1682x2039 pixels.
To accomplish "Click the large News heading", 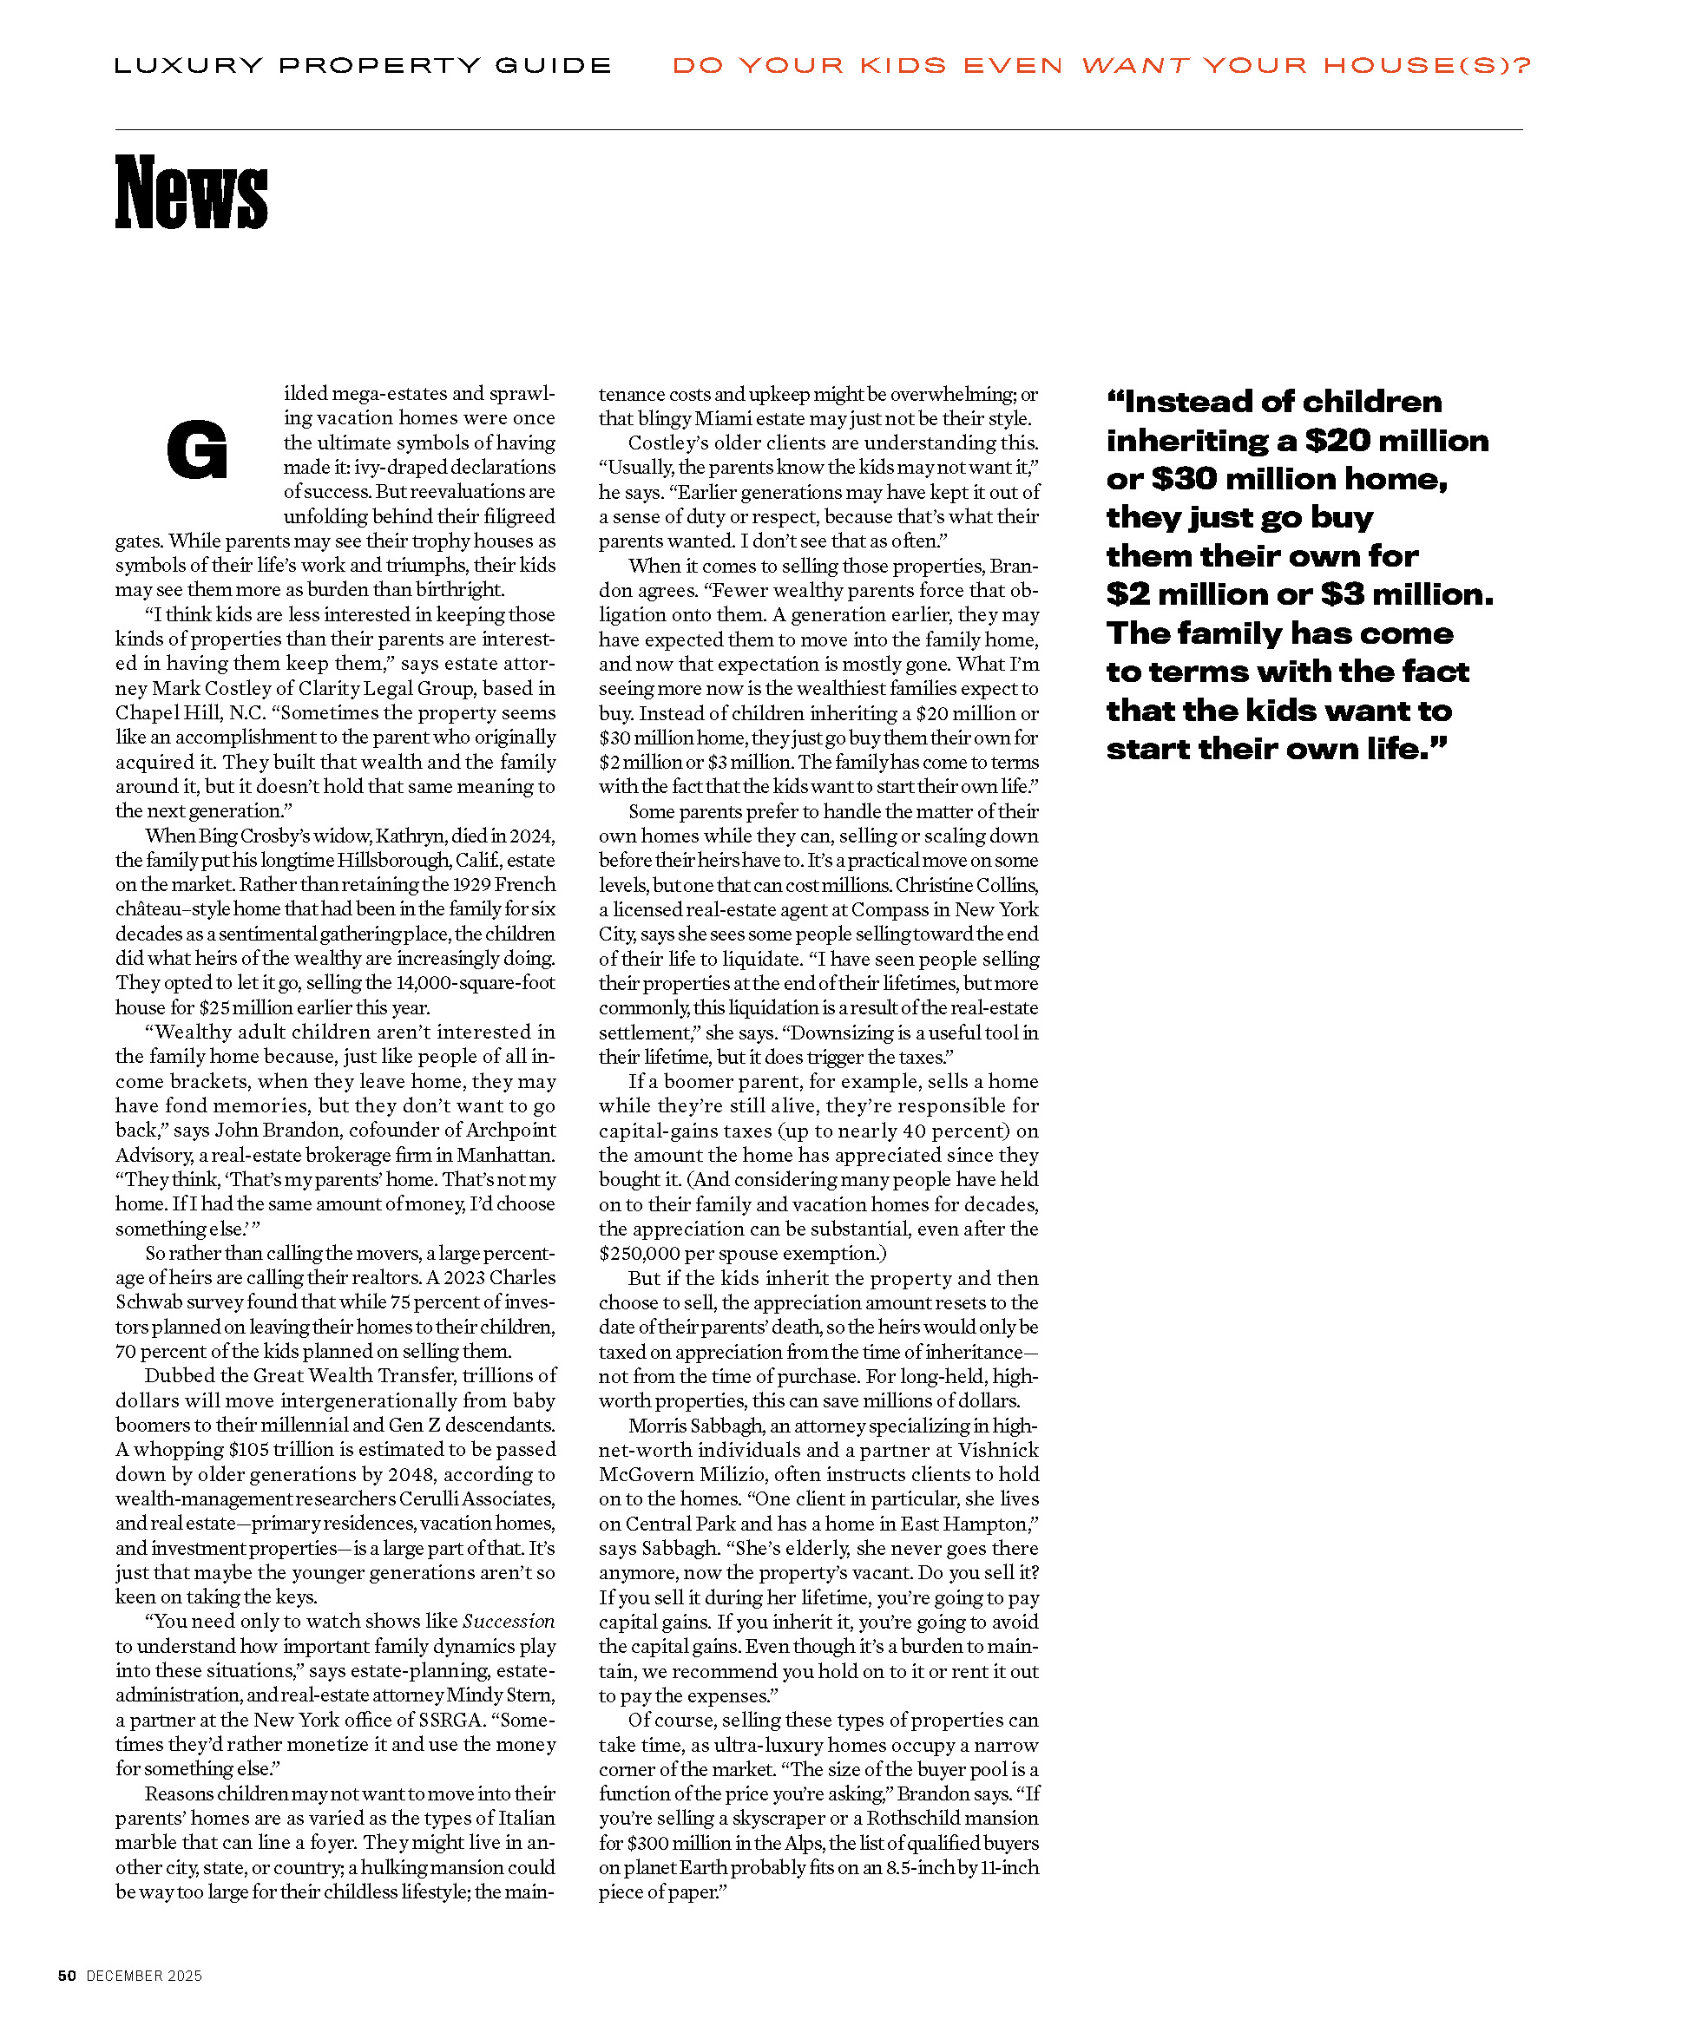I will coord(191,193).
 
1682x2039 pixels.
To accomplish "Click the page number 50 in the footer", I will coord(67,1976).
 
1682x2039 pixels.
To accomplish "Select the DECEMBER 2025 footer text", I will coord(144,1976).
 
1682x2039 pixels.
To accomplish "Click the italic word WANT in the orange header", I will coord(1134,66).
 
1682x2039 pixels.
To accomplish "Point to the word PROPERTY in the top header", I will coord(380,66).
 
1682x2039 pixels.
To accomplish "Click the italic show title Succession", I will coord(509,1622).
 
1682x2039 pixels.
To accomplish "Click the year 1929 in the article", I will coord(467,884).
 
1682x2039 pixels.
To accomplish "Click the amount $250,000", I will coord(641,1254).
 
